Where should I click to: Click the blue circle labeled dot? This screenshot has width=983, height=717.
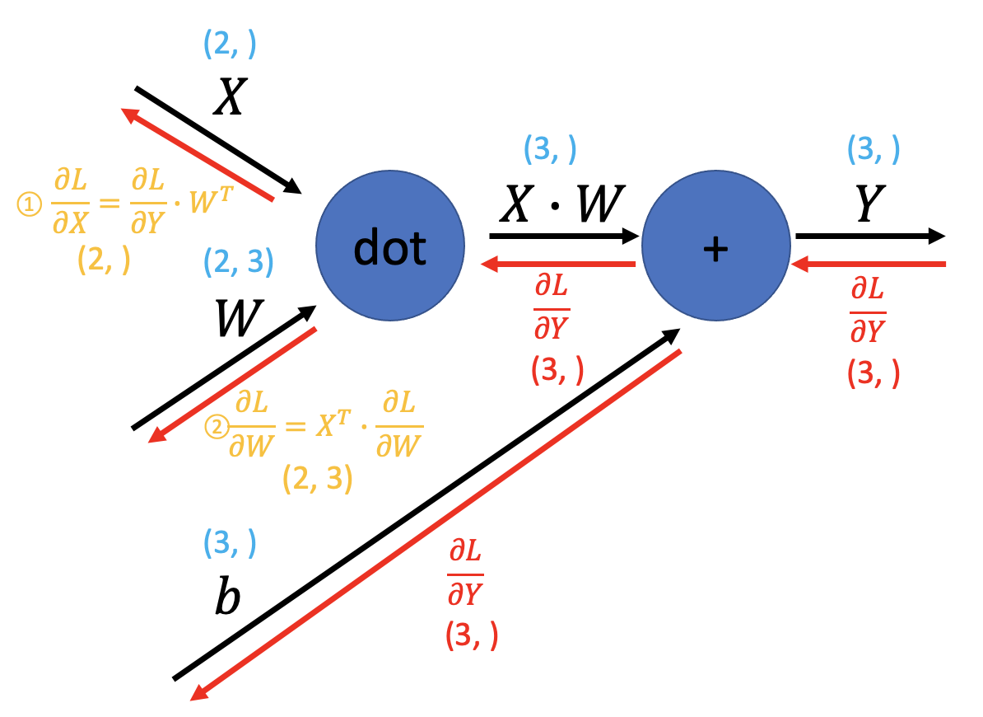click(x=390, y=246)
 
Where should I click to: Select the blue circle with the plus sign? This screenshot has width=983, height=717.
click(x=716, y=246)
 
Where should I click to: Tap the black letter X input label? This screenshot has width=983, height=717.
click(x=230, y=96)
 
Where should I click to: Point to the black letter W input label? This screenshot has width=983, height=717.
click(x=239, y=317)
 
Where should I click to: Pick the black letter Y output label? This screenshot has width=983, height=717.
click(x=870, y=204)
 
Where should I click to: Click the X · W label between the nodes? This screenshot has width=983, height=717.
click(x=562, y=204)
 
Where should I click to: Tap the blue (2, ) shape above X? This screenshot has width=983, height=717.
click(x=230, y=44)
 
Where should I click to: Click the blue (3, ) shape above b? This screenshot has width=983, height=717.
click(x=230, y=542)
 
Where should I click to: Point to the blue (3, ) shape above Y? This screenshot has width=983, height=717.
click(x=874, y=149)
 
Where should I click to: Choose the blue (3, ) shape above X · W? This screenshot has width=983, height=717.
click(x=550, y=149)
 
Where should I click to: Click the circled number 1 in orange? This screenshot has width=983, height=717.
click(x=29, y=204)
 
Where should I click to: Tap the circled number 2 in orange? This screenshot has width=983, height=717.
click(x=217, y=427)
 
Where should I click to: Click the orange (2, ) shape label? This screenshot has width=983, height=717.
click(x=104, y=259)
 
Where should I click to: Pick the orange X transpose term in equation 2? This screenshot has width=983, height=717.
click(x=333, y=424)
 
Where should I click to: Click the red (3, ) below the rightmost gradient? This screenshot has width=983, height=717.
click(x=874, y=373)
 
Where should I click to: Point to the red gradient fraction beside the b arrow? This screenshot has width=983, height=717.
click(x=465, y=572)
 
